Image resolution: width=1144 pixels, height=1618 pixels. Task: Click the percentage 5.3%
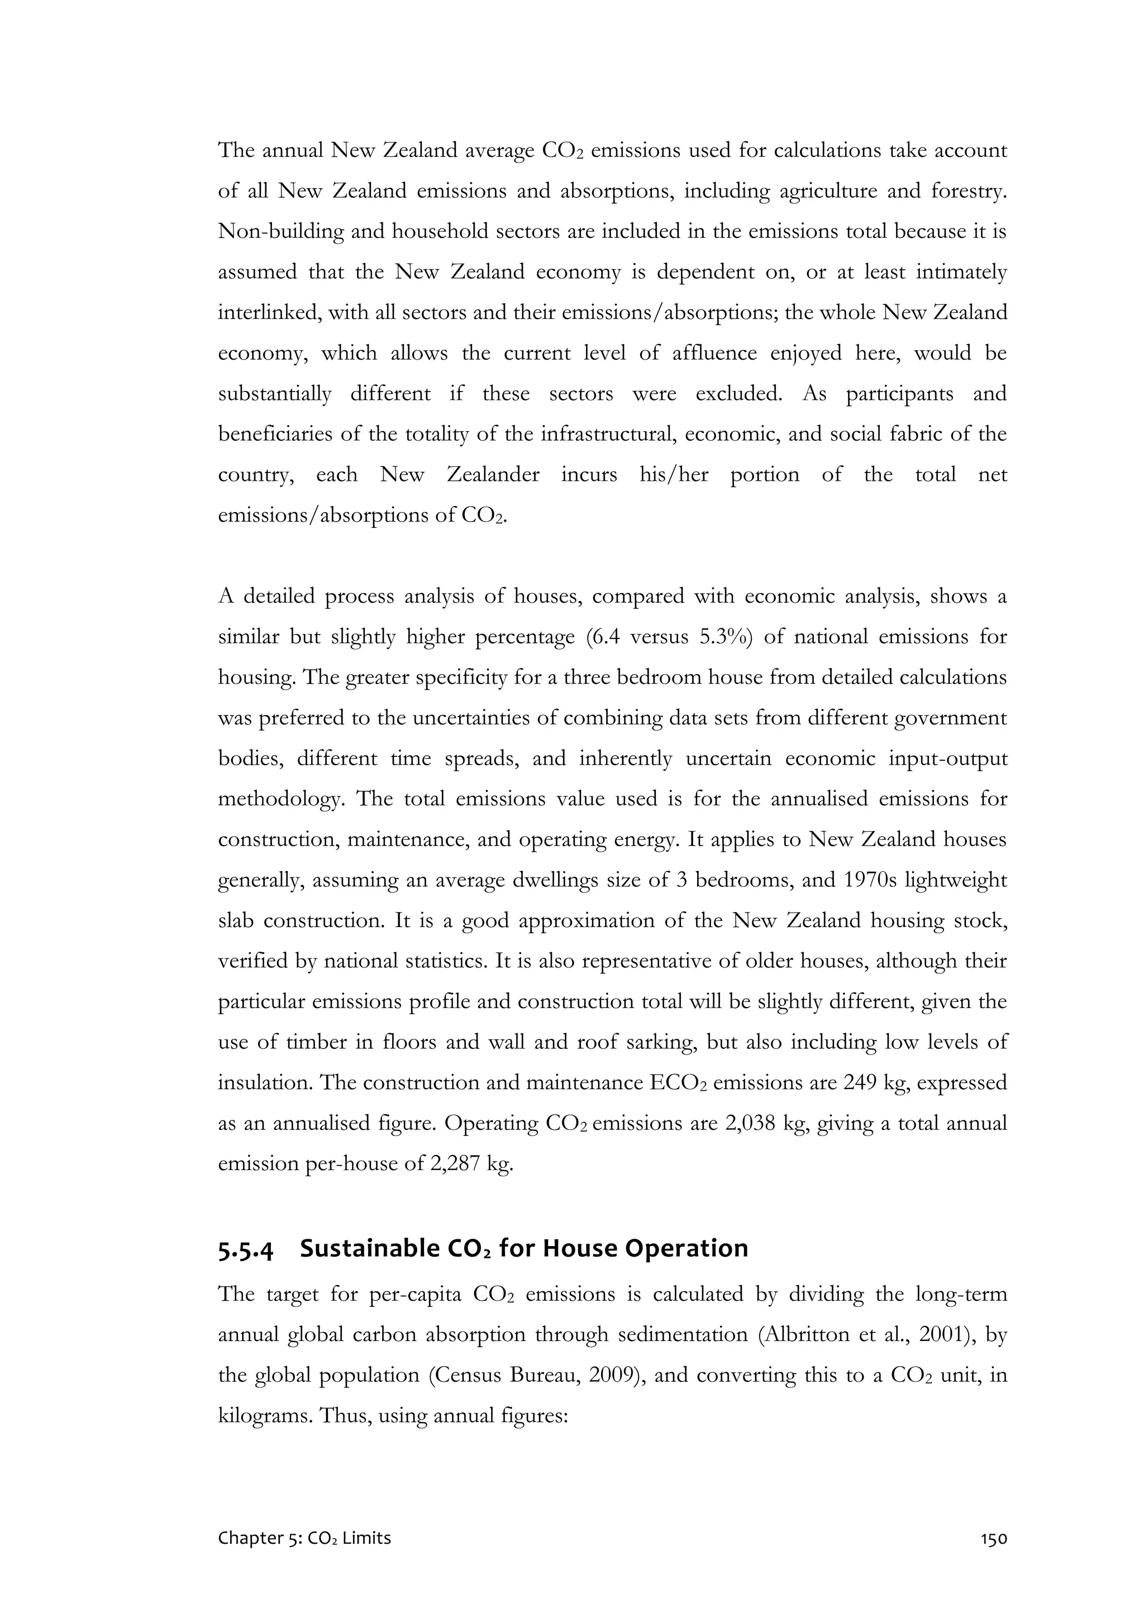(x=725, y=637)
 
